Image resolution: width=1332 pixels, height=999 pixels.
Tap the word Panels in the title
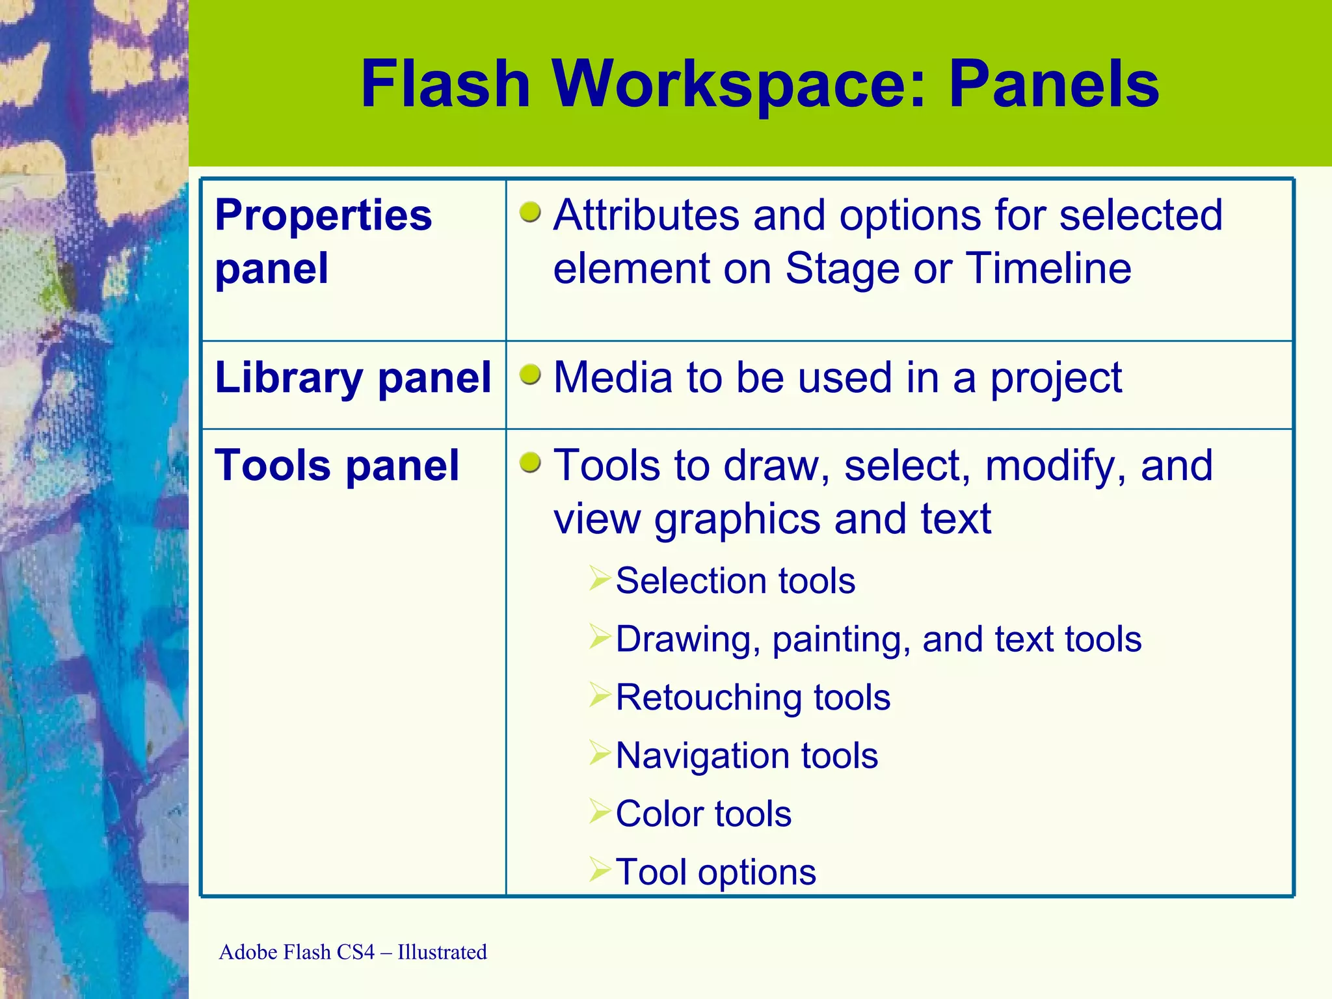point(1054,84)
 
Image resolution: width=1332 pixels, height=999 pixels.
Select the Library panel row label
point(353,377)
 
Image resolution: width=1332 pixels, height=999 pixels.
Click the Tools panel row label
point(337,466)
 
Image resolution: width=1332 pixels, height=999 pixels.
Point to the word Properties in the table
point(323,215)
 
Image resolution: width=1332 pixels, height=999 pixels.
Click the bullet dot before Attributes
point(531,212)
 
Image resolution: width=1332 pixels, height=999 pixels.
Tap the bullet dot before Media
point(531,375)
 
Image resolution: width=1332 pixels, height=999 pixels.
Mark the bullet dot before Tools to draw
point(531,463)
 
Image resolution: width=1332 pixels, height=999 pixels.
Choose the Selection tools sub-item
point(735,580)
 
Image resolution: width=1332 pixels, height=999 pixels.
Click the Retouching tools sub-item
point(753,697)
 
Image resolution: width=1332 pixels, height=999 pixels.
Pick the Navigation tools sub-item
point(747,756)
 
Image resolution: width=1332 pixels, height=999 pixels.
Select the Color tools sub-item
point(703,814)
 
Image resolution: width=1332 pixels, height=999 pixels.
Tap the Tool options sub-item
point(715,872)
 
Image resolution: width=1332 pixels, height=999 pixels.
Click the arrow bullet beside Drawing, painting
point(600,637)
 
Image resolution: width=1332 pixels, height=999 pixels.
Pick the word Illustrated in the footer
point(442,952)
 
